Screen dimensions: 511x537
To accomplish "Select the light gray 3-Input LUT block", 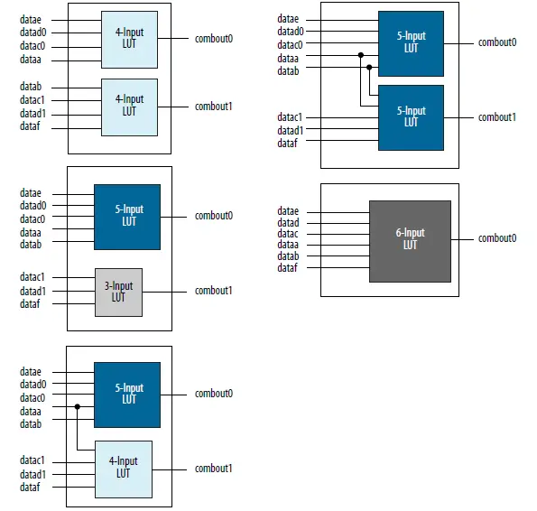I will click(x=118, y=293).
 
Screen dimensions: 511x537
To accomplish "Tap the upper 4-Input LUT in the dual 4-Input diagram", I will click(x=129, y=40).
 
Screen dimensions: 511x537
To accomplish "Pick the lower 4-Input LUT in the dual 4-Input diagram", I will click(x=129, y=107).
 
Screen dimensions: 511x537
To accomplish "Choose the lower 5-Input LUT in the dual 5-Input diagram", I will click(x=411, y=117).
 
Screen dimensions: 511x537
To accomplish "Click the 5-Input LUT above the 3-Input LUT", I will click(x=127, y=217).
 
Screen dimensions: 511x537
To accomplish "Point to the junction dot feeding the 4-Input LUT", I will click(x=78, y=407).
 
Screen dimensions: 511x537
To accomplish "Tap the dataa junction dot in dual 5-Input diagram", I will click(x=361, y=55).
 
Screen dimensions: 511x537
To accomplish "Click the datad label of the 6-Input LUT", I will click(x=288, y=222).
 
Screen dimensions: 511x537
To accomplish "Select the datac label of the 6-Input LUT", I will click(x=288, y=234).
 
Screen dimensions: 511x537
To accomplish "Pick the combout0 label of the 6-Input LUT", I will click(x=497, y=238).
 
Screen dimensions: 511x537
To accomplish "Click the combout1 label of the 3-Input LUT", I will click(x=214, y=291).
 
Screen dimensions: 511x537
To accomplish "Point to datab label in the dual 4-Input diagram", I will click(x=31, y=87).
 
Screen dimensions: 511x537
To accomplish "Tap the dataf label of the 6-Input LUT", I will click(x=288, y=267).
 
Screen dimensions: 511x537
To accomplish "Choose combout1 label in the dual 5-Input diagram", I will click(x=497, y=117).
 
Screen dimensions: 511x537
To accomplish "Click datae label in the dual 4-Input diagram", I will click(x=31, y=19).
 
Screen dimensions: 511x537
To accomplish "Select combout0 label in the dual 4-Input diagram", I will click(x=214, y=39).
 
